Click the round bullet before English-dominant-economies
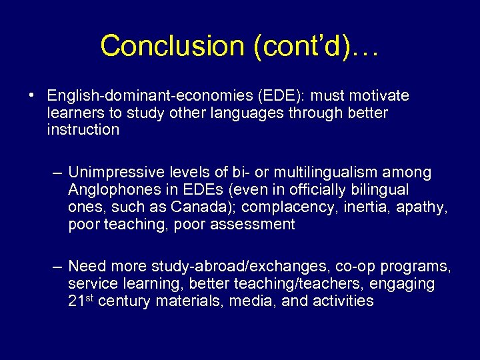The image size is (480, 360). [32, 95]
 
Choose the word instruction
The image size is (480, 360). [83, 129]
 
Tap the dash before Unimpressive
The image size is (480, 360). [58, 173]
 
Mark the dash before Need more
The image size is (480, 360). [58, 267]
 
